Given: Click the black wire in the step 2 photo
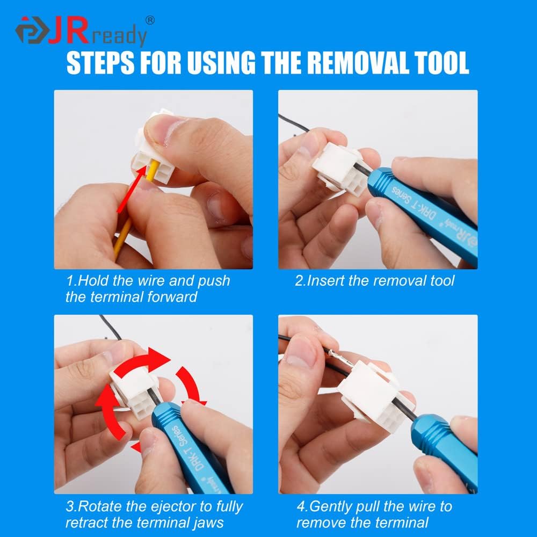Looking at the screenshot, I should (x=294, y=122).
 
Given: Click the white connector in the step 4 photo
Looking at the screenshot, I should (x=371, y=392).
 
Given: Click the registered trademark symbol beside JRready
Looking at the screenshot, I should (x=150, y=20).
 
